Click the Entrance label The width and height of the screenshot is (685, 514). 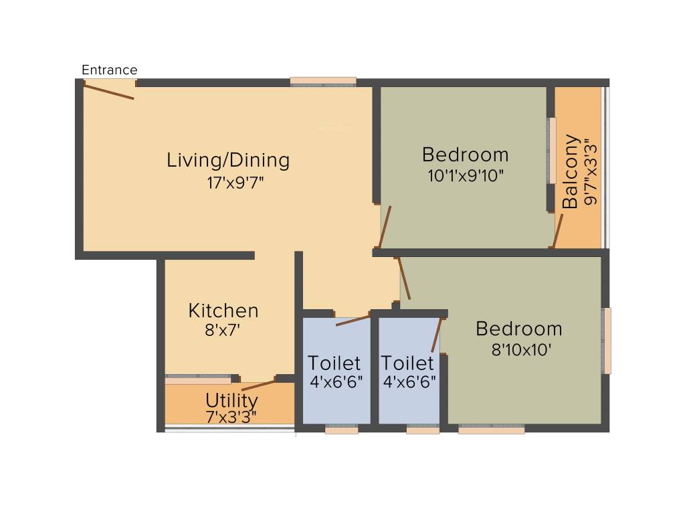tap(109, 70)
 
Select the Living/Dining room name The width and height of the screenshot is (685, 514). tap(228, 160)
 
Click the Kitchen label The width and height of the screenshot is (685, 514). tap(223, 311)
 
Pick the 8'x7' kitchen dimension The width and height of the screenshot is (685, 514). tap(222, 331)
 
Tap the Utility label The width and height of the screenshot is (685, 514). tap(231, 400)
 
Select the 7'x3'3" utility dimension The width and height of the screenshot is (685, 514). tap(231, 417)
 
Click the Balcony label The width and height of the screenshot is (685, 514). tap(570, 172)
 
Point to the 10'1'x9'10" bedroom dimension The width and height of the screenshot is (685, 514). tap(466, 176)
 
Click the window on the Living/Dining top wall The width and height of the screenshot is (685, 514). tap(323, 82)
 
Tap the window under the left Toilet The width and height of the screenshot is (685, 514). tap(341, 430)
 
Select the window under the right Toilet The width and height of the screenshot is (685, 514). tap(423, 430)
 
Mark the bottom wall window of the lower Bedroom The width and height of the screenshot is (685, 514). tap(492, 430)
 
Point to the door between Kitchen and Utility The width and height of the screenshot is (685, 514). tap(258, 385)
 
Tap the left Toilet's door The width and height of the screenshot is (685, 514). tap(353, 319)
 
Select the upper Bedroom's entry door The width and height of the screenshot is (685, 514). tap(385, 227)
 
